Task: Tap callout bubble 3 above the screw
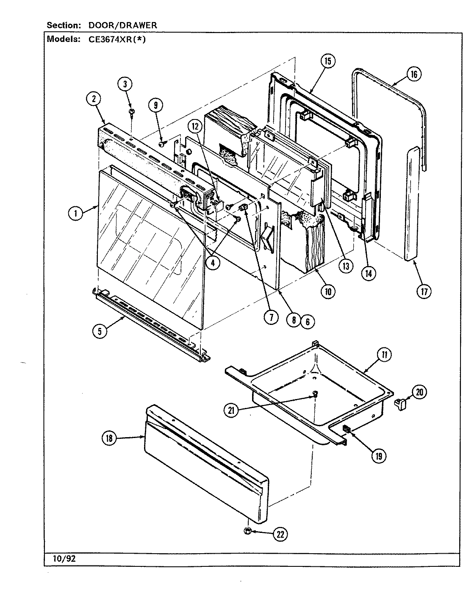(125, 84)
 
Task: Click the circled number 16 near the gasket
(413, 75)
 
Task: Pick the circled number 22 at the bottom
(280, 535)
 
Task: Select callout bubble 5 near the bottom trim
(100, 332)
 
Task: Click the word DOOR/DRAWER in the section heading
(122, 25)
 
